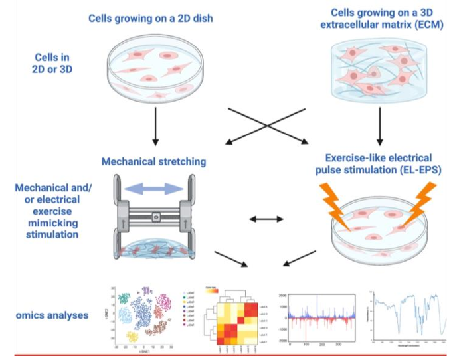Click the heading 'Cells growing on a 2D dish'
[151, 18]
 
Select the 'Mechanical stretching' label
[153, 161]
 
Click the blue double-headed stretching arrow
[154, 189]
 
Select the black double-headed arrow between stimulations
[266, 218]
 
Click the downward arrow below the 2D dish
[155, 126]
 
